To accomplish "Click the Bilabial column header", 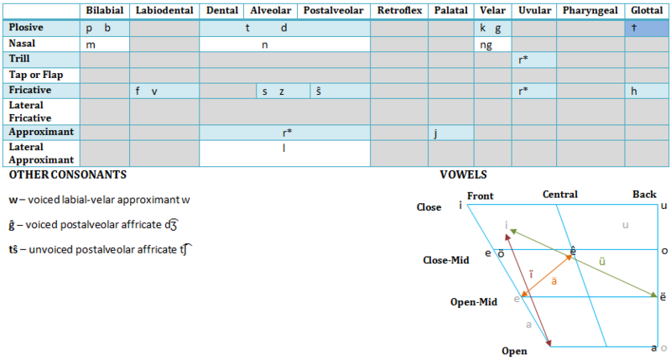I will click(x=104, y=10).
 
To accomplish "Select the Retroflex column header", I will click(x=398, y=10).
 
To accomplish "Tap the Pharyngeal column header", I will click(x=590, y=10).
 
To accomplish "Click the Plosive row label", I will click(x=26, y=28).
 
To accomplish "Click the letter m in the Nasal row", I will click(x=90, y=44).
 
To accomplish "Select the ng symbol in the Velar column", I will click(x=486, y=44).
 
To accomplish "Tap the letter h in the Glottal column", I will click(x=635, y=91).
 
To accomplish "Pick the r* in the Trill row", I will click(x=523, y=60).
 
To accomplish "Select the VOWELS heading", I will click(x=463, y=175).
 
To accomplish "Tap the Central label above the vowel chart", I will click(x=559, y=195).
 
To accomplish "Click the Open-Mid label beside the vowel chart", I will click(x=473, y=301).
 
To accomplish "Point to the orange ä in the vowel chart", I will click(x=554, y=281).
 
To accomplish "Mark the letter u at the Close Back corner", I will click(x=664, y=206).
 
